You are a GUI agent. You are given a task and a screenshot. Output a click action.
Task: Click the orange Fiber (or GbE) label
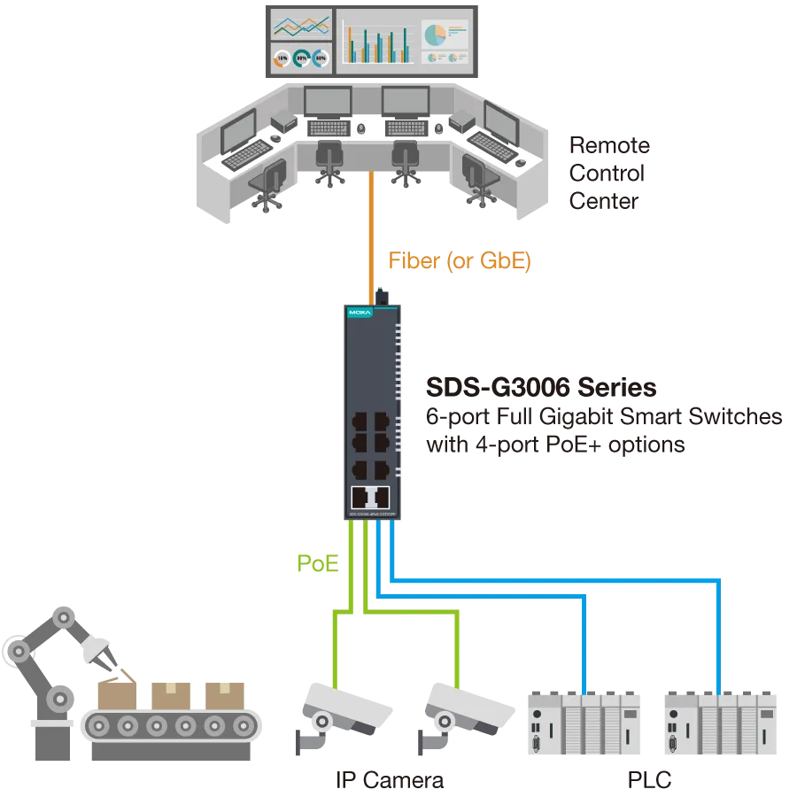[x=460, y=262]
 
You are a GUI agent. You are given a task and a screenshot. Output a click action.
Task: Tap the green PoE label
[x=318, y=563]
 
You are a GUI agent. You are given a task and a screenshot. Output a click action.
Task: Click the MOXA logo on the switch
[x=360, y=313]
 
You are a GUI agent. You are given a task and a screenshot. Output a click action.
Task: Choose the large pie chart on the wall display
[x=434, y=35]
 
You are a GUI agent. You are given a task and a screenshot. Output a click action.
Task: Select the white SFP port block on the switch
[x=370, y=497]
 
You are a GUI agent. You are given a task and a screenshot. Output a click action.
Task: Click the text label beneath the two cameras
[x=390, y=780]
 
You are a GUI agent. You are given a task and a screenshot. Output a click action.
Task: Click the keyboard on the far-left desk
[x=246, y=157]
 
